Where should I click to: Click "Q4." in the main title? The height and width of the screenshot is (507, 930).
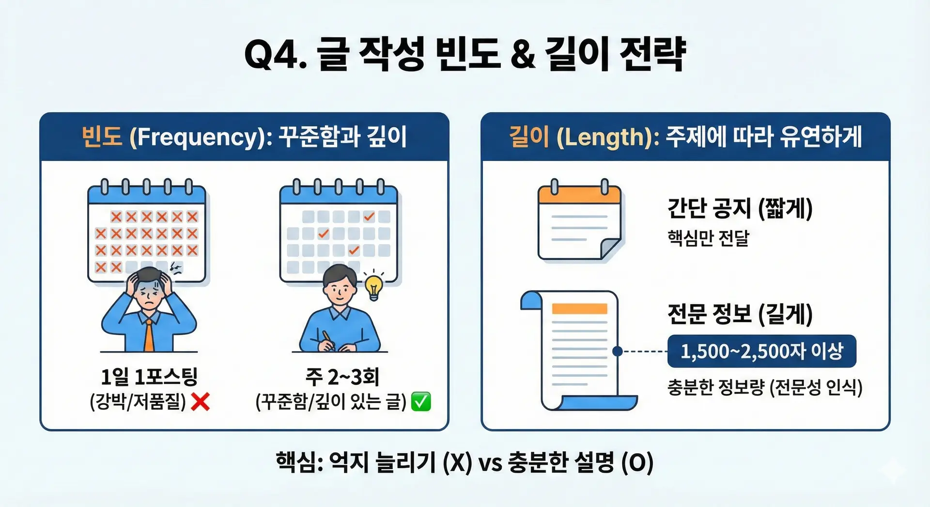coord(276,54)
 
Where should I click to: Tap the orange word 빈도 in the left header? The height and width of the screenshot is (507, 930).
coord(102,137)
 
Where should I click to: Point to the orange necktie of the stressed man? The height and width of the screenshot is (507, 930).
coord(149,334)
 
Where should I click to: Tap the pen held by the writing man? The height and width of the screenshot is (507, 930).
coord(328,339)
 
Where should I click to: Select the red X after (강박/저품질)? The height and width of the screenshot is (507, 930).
coord(201,401)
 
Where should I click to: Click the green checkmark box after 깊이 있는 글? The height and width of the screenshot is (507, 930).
coord(421,401)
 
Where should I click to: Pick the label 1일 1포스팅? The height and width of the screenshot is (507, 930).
coord(149,376)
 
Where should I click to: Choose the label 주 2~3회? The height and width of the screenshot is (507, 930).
coord(342,376)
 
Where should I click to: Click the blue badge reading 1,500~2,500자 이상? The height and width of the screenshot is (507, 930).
coord(762,351)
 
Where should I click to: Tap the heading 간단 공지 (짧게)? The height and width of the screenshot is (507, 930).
coord(740,208)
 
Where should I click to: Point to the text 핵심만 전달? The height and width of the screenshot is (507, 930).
coord(708,238)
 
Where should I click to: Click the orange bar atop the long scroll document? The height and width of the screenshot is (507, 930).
coord(579,308)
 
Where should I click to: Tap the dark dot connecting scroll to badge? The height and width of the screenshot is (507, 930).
coord(617,351)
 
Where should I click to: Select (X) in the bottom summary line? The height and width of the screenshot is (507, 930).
coord(457,462)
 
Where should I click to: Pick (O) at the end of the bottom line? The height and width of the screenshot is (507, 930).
coord(637,462)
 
